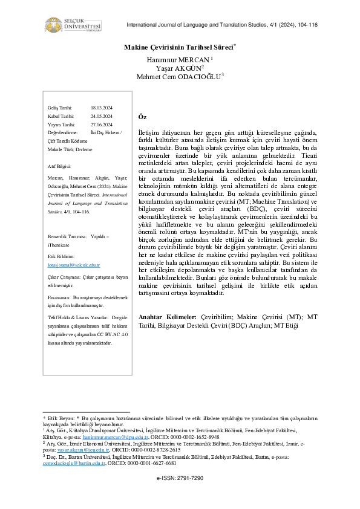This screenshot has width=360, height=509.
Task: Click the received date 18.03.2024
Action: [x=101, y=107]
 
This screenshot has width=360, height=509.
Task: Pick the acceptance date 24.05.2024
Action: [x=101, y=115]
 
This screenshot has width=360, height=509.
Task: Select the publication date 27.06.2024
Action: [x=101, y=124]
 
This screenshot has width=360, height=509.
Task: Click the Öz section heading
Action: [x=143, y=117]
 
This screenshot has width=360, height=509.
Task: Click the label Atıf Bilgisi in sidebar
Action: [x=59, y=165]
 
